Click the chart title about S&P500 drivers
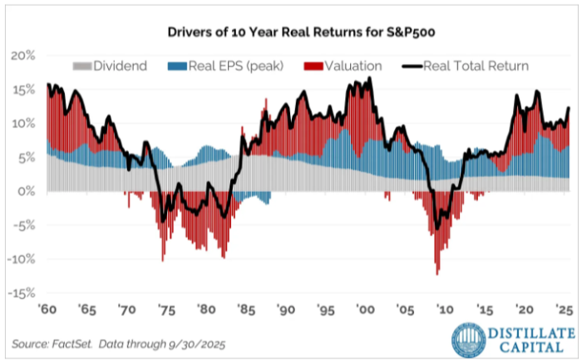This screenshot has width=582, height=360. (x=291, y=33)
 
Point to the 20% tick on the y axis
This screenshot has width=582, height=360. (x=22, y=56)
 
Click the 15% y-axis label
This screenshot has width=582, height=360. (x=22, y=90)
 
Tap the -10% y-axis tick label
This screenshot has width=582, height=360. (x=21, y=259)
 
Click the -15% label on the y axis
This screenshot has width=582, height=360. (x=21, y=293)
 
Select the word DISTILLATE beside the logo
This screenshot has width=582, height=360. (x=532, y=332)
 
